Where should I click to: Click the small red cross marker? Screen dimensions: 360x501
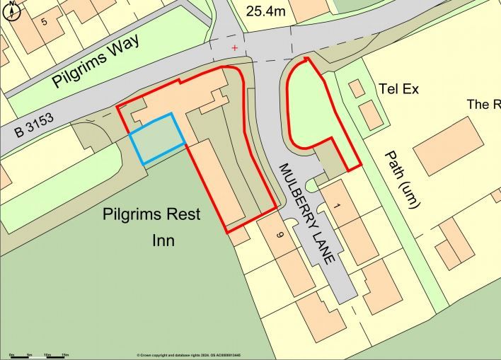(x=235, y=48)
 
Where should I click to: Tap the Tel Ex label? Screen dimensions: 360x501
(x=399, y=89)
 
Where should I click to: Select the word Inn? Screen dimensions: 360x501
(x=163, y=240)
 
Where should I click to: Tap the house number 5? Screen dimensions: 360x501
(x=44, y=22)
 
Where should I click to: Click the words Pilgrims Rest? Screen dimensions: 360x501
(x=151, y=214)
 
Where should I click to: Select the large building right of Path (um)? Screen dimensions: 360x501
(x=447, y=146)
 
